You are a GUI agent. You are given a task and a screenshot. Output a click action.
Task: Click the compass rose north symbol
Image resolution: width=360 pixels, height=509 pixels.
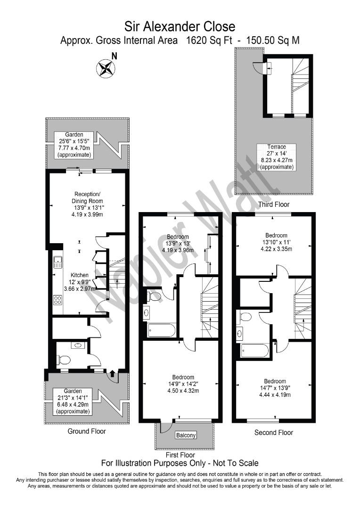(x=106, y=68)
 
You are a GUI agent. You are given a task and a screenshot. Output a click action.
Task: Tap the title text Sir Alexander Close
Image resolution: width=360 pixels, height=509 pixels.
(x=180, y=26)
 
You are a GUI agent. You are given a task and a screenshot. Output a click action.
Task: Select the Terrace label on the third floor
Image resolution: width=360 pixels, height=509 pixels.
(x=277, y=157)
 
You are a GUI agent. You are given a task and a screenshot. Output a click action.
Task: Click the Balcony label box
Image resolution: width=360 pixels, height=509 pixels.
(x=186, y=435)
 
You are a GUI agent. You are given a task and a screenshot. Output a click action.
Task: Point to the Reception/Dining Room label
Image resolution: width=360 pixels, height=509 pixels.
(x=87, y=205)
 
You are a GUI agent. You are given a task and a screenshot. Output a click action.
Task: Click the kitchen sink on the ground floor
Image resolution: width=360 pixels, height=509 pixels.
(x=58, y=262)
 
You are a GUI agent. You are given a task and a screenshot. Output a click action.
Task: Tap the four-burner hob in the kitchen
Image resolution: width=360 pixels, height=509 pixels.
(x=58, y=299)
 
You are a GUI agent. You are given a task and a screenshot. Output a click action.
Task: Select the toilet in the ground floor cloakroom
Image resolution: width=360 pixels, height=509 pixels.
(x=64, y=360)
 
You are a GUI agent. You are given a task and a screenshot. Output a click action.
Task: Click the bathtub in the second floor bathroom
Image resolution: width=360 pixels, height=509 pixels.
(x=255, y=351)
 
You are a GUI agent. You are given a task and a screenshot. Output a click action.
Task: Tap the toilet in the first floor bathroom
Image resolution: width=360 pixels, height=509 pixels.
(x=154, y=296)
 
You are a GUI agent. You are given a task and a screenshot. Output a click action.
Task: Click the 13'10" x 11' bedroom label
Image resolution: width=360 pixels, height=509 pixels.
(x=276, y=242)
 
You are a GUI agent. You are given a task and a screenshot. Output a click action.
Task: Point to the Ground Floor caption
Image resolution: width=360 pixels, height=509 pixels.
(x=87, y=431)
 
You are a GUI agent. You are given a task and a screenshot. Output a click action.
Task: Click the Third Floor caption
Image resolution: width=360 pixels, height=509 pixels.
(x=274, y=204)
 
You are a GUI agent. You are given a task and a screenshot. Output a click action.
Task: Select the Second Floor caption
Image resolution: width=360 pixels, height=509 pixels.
(x=274, y=432)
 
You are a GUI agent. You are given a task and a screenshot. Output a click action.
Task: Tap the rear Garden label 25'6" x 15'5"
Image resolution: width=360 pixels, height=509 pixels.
(x=74, y=145)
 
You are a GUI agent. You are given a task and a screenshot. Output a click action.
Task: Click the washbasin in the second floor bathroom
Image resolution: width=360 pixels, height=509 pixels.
(x=240, y=333)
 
